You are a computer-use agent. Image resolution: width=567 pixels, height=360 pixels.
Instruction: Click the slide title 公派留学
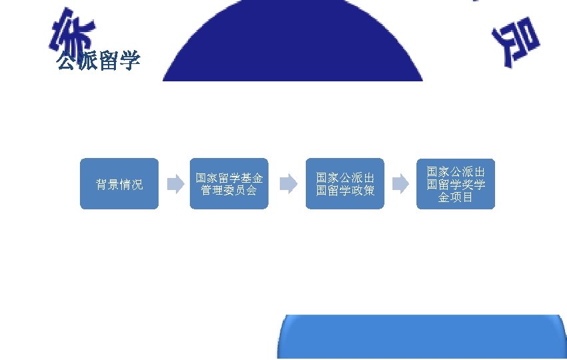click(98, 62)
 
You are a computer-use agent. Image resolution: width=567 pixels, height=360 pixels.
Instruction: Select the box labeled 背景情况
click(119, 183)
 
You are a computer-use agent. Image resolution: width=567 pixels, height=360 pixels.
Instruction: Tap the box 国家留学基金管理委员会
click(229, 183)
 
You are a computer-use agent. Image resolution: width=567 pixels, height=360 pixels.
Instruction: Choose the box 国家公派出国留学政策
click(344, 183)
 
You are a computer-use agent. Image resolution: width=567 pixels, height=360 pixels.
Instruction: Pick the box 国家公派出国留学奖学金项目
click(456, 183)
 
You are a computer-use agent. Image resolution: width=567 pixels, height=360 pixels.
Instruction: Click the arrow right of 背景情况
click(175, 184)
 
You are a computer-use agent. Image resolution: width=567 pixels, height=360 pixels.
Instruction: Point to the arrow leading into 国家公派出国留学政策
click(288, 184)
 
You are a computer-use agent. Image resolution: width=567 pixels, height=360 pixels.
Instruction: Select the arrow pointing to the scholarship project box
click(400, 184)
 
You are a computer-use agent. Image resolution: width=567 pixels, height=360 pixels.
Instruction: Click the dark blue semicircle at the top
click(293, 40)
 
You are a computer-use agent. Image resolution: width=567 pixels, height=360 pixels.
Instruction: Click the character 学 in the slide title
click(130, 62)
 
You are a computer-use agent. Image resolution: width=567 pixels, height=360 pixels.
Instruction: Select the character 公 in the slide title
click(67, 62)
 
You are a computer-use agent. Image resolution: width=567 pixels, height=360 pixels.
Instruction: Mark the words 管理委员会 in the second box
click(229, 190)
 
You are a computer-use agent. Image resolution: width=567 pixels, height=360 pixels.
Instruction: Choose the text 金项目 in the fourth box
click(456, 197)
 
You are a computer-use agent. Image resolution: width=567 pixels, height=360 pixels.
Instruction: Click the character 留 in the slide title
click(109, 62)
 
